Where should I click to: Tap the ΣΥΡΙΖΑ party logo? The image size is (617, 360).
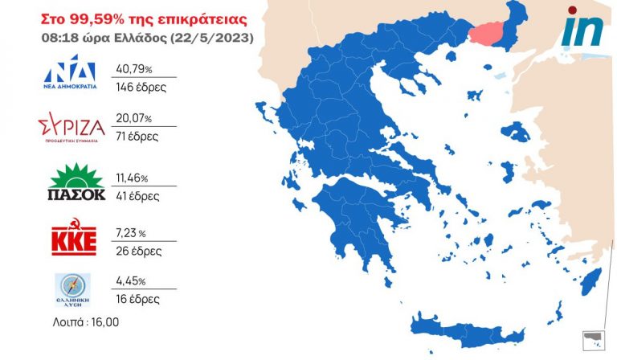pos(72,129)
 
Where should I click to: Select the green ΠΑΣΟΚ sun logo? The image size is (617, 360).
pos(77,182)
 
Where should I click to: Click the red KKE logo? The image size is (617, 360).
pos(74,239)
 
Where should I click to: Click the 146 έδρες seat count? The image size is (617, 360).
pos(141,86)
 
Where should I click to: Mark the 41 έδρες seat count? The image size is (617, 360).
pos(138,195)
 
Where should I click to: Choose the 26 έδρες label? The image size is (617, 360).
pos(139,251)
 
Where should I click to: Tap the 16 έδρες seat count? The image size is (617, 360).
pos(138,299)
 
